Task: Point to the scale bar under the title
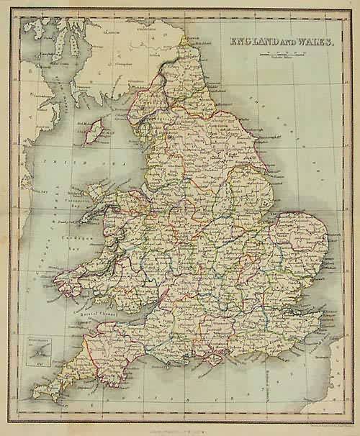284,55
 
